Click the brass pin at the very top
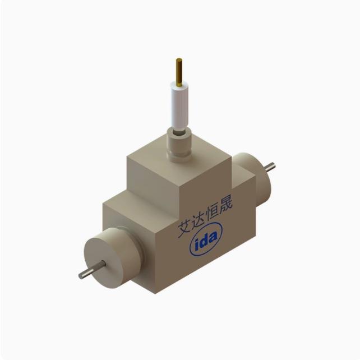click(x=179, y=70)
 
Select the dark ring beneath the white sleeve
click(x=181, y=132)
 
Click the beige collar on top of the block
click(x=181, y=147)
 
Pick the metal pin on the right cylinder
click(x=270, y=167)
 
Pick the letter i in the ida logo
click(x=198, y=244)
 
